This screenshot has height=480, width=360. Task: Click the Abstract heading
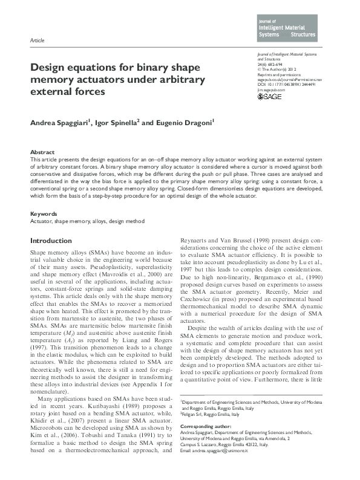[43, 151]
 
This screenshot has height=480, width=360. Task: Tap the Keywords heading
[44, 214]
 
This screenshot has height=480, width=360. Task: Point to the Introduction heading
[51, 241]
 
